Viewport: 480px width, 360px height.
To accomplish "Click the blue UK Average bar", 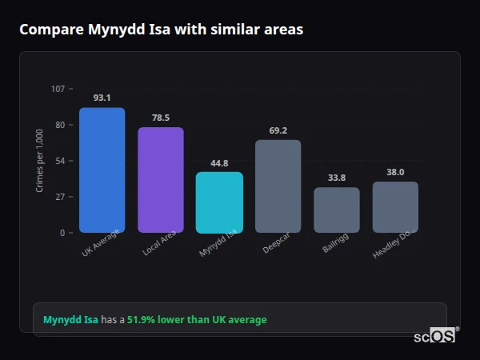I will (x=102, y=170).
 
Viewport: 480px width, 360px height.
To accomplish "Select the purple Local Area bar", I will (x=161, y=180).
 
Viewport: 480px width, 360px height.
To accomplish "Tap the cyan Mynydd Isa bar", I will (x=219, y=202).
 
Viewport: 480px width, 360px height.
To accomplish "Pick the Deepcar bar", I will (x=278, y=186).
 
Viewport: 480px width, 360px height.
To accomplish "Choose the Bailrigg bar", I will (x=337, y=210).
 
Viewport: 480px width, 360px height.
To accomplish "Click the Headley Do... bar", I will (x=395, y=207).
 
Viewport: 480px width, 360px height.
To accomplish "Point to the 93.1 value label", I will (x=102, y=98).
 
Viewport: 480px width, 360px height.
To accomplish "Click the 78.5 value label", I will (x=161, y=118).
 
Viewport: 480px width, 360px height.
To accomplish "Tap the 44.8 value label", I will (x=219, y=162).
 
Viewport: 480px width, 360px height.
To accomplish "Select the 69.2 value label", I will (x=278, y=130).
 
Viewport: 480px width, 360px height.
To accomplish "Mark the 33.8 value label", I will (x=337, y=178).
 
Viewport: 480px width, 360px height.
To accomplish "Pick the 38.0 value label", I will (x=395, y=172).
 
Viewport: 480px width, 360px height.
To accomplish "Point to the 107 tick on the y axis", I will (x=58, y=88).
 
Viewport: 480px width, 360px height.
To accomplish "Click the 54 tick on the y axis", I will (x=60, y=161).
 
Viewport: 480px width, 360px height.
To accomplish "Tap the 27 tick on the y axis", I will (x=60, y=197).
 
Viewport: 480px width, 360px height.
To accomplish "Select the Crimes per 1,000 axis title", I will (x=40, y=161).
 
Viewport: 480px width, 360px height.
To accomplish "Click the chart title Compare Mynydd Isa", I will (x=161, y=30).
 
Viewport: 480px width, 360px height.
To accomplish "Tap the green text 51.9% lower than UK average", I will (x=197, y=320).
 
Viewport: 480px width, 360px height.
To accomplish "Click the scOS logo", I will (x=435, y=336).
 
